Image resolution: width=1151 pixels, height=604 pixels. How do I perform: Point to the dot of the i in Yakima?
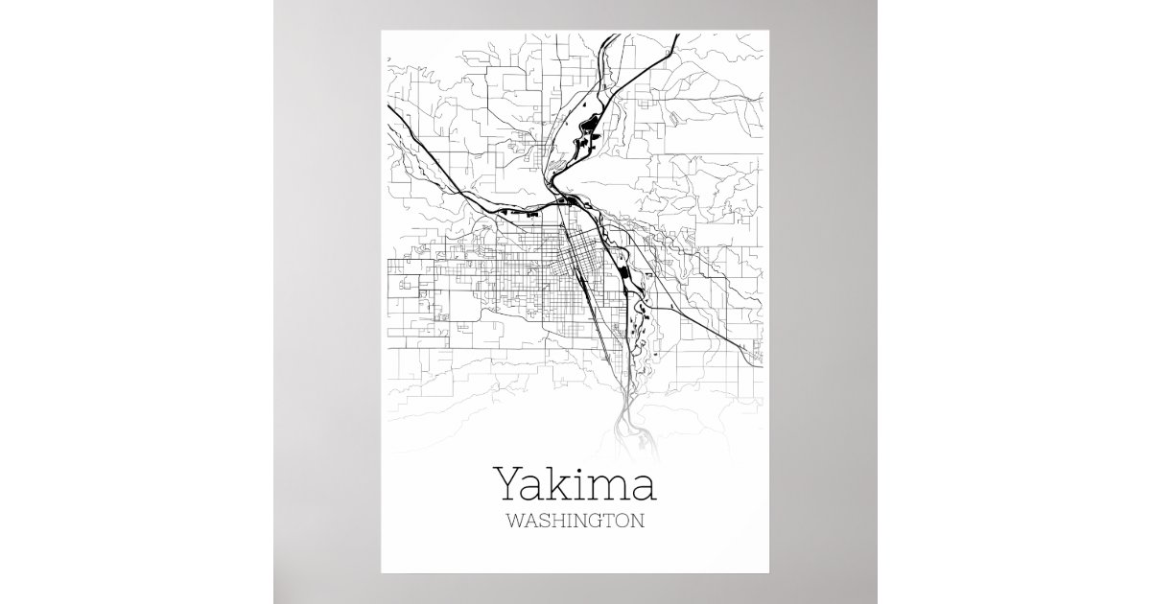tap(579, 469)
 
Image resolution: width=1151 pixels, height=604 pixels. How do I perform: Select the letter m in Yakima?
tap(609, 489)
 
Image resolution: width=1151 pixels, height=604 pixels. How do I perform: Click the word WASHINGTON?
tap(574, 523)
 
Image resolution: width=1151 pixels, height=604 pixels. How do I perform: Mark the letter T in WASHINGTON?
tap(614, 523)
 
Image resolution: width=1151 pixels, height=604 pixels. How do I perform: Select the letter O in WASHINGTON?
tap(627, 523)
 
